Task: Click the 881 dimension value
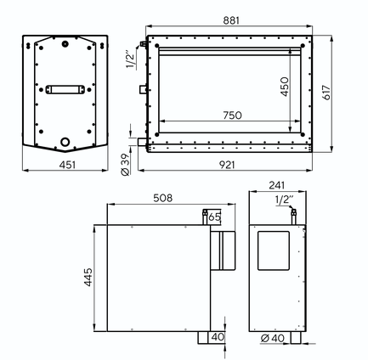(x=231, y=20)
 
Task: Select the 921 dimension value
(x=227, y=165)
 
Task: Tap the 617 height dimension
(x=326, y=93)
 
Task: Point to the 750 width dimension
(x=232, y=115)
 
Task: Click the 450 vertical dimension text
(x=285, y=87)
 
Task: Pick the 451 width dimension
(x=67, y=165)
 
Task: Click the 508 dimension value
(x=163, y=198)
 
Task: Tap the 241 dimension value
(x=276, y=185)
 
